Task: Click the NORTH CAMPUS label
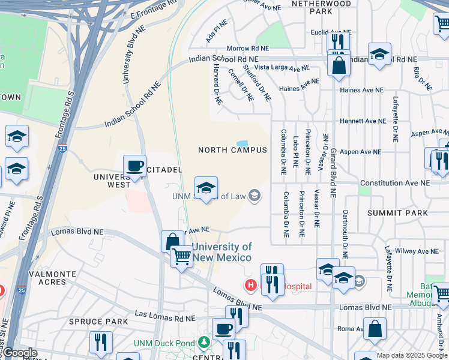click(232, 150)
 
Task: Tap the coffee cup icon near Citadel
click(134, 166)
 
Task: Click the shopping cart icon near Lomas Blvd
click(181, 256)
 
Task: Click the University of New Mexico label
click(222, 252)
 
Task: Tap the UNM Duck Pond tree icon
click(205, 341)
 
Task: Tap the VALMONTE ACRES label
click(52, 278)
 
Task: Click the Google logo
click(19, 353)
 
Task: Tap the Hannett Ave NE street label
click(363, 121)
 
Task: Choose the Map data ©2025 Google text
click(412, 355)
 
